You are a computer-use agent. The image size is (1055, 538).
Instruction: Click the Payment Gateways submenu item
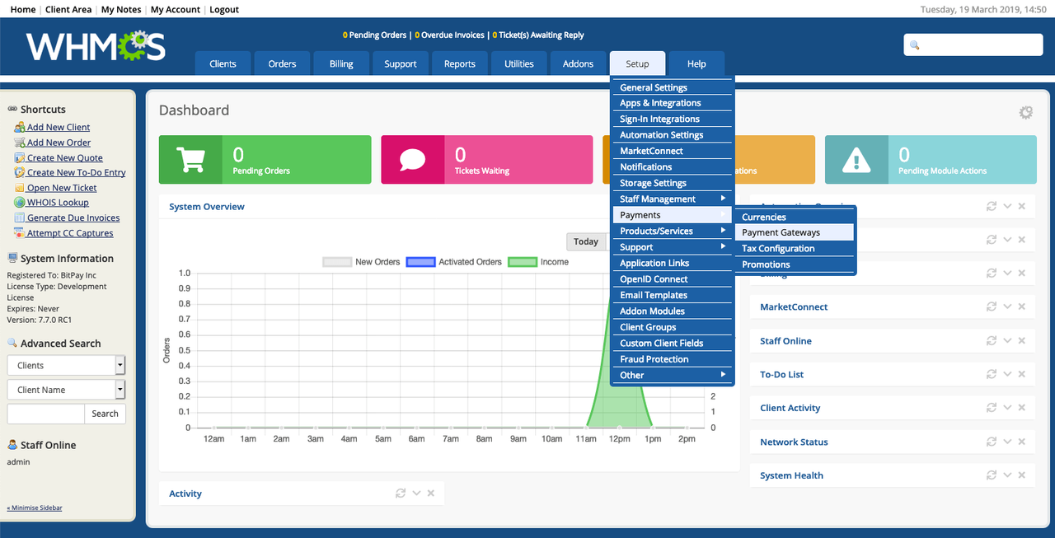[x=781, y=232]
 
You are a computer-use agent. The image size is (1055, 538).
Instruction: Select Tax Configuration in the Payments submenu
[x=778, y=248]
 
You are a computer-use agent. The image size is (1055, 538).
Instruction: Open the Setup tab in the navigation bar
[x=637, y=63]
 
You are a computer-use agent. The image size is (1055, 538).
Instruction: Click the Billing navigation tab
[x=341, y=63]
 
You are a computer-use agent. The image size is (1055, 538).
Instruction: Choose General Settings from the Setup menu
[x=654, y=87]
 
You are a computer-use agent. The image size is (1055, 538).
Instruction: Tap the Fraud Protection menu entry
[x=654, y=359]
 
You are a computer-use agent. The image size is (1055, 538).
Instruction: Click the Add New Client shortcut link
[x=59, y=127]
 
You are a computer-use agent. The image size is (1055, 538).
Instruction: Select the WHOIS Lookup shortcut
[x=58, y=203]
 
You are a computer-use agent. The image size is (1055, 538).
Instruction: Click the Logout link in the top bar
[x=224, y=10]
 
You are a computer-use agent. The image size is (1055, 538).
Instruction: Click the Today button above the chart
[x=586, y=241]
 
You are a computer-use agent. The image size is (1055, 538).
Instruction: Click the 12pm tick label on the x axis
[x=619, y=439]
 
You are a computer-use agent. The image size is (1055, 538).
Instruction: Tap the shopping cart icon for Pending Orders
[x=190, y=160]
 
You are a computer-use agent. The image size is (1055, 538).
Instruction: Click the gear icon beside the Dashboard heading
[x=1025, y=113]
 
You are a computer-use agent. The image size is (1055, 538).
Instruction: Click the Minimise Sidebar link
[x=35, y=508]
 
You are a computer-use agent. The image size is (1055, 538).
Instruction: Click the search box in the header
[x=973, y=45]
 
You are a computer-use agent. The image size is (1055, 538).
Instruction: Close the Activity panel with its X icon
[x=431, y=493]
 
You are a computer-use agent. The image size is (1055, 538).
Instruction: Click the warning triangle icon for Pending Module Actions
[x=856, y=160]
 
